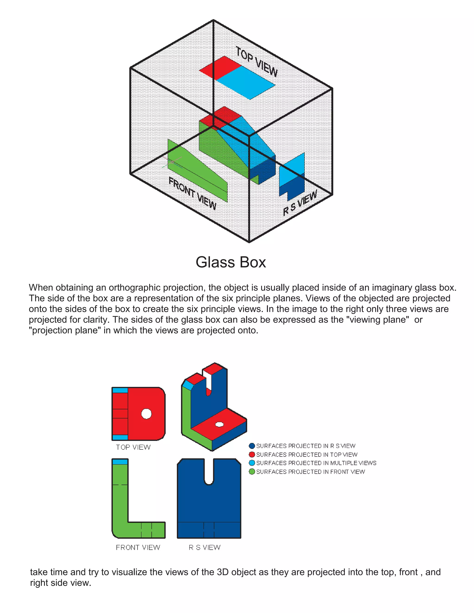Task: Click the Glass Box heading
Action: pos(231,262)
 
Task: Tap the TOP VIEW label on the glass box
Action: pos(256,62)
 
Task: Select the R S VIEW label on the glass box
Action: pos(300,203)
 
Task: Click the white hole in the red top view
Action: pos(146,413)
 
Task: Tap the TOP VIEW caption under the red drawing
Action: pos(133,447)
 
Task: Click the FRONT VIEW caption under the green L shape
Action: pos(138,547)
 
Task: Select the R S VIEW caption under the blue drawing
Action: pos(204,547)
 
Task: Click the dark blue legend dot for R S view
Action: pos(252,446)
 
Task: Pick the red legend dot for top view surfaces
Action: pos(252,454)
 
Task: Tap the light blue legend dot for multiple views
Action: pos(252,463)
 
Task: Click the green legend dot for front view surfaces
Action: pos(252,471)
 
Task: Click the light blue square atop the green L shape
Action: pos(120,462)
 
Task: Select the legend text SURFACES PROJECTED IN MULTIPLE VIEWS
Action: pos(316,463)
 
